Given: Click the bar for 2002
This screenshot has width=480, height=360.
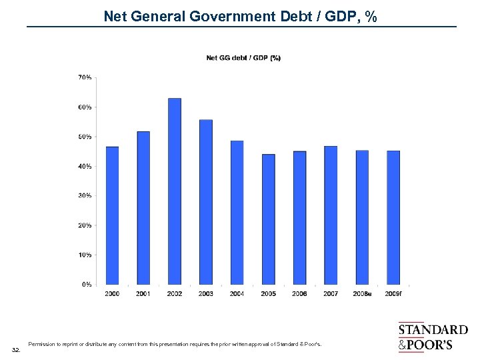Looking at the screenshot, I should coord(175,191).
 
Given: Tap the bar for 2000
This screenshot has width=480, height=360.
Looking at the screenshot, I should coord(112,215).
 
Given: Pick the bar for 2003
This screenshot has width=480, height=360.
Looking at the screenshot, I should coord(206,202).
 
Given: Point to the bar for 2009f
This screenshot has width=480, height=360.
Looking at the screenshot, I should coord(393,217).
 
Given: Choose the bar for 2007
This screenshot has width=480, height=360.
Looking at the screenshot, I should coord(331,215).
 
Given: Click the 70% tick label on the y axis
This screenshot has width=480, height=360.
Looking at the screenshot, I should coord(85,78).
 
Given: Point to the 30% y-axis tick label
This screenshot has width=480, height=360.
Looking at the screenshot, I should coord(85,196).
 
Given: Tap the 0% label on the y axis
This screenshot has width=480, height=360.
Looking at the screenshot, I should coord(87,285).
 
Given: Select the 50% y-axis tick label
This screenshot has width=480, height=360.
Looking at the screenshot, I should coord(85,137).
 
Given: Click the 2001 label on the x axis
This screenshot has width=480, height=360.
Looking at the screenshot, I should coord(143,293).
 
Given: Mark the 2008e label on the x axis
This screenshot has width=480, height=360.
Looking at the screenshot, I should coord(362,293).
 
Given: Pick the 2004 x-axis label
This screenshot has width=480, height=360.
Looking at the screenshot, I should coord(237,293).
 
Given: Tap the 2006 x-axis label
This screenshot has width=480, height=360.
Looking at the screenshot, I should coord(300,293).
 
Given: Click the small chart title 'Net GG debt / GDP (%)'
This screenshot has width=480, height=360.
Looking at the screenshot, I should coord(243,58).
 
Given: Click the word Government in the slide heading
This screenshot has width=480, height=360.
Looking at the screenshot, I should coord(242,15).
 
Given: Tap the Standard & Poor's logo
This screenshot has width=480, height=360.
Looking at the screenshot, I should coord(432,337).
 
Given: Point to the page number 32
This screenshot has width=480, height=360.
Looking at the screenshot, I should coord(16,349).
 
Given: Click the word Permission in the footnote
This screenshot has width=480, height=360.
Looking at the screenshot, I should coord(42,345).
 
